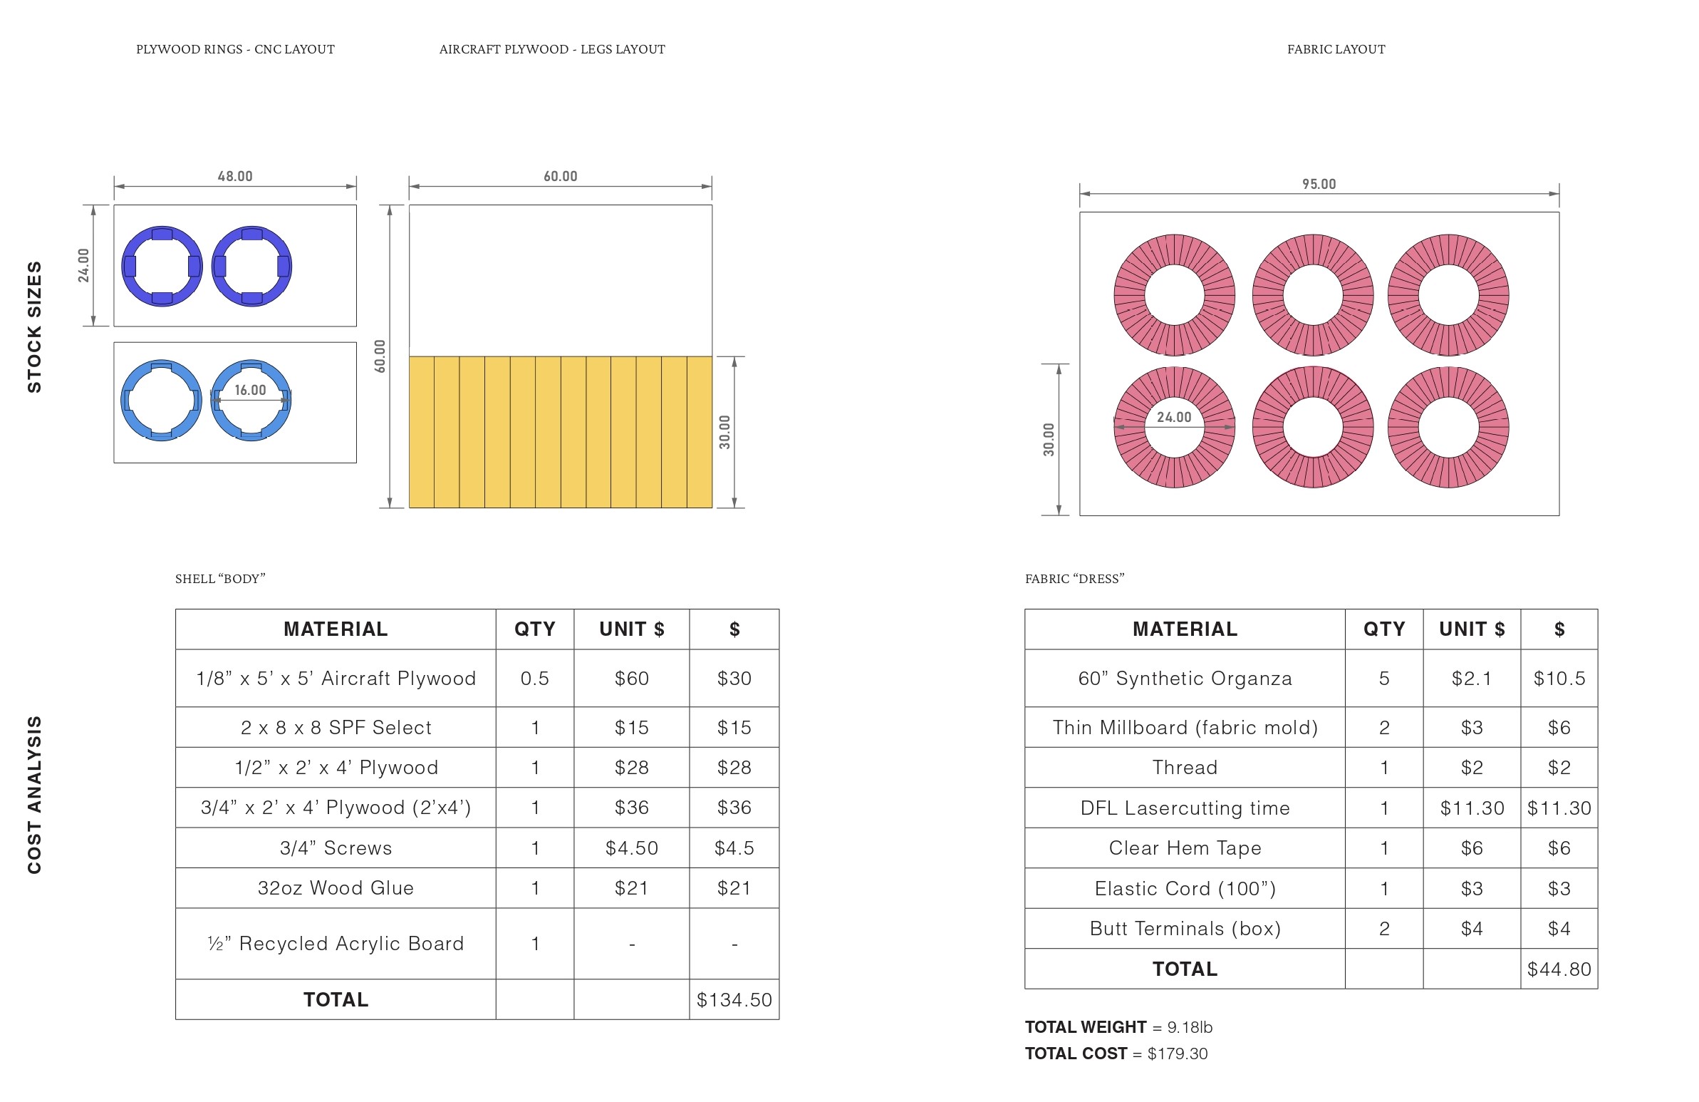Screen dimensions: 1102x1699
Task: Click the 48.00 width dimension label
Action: pyautogui.click(x=235, y=175)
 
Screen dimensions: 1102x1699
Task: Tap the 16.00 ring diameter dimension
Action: pyautogui.click(x=250, y=390)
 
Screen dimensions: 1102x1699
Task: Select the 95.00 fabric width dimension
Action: pyautogui.click(x=1319, y=183)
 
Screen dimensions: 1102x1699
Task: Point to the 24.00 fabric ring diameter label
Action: pyautogui.click(x=1173, y=417)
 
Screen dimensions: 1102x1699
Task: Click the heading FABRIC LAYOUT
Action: pyautogui.click(x=1336, y=49)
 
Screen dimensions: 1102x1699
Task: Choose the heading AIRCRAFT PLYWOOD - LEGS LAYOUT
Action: pyautogui.click(x=552, y=49)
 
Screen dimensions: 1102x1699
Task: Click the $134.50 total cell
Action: pyautogui.click(x=734, y=999)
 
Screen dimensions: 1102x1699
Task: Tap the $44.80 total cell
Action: pyautogui.click(x=1559, y=969)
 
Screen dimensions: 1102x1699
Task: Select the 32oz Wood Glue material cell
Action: pyautogui.click(x=336, y=887)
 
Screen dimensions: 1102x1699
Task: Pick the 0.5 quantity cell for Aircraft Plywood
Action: pyautogui.click(x=535, y=678)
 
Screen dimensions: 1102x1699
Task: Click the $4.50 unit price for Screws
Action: pyautogui.click(x=631, y=848)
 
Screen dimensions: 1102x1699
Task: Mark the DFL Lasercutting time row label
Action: pyautogui.click(x=1184, y=808)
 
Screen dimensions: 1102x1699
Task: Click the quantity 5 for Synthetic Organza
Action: pyautogui.click(x=1383, y=678)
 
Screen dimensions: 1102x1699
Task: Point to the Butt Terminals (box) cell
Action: pyautogui.click(x=1184, y=929)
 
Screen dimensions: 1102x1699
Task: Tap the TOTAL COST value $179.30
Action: pyautogui.click(x=1177, y=1054)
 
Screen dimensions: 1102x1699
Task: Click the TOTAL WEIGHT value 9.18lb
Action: pyautogui.click(x=1190, y=1027)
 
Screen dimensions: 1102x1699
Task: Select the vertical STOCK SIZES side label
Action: pyautogui.click(x=34, y=326)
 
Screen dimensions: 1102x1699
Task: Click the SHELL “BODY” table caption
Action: pyautogui.click(x=220, y=579)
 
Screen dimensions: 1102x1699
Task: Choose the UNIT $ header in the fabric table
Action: pyautogui.click(x=1471, y=629)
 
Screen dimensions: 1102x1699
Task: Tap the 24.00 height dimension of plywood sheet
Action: pyautogui.click(x=83, y=265)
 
